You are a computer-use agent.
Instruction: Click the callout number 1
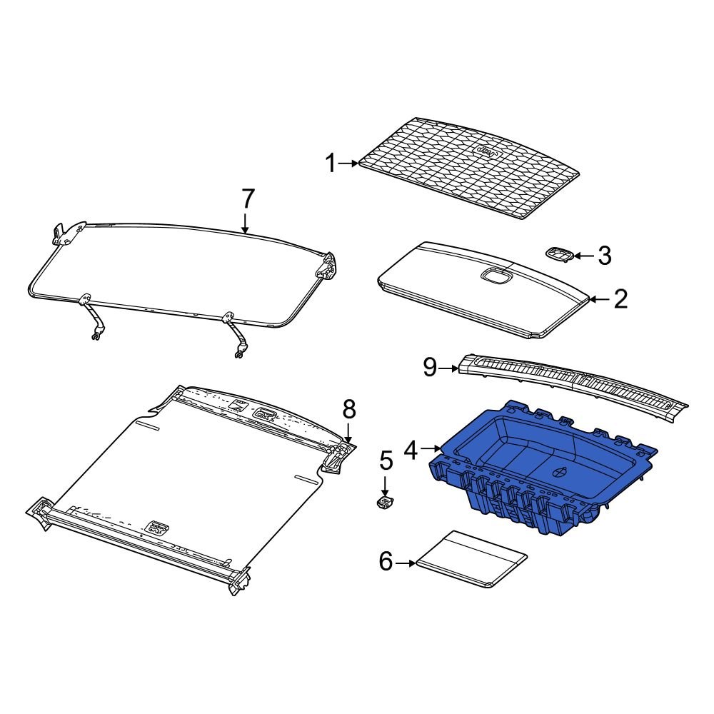[330, 164]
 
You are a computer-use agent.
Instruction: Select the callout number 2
[620, 299]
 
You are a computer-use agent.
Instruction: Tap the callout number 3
[604, 256]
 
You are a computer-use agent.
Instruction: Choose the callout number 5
[386, 461]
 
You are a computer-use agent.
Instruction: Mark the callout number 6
[386, 563]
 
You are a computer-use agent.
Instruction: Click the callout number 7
[247, 198]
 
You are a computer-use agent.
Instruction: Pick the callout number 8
[348, 409]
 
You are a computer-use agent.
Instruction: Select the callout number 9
[429, 368]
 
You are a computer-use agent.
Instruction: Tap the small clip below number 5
[385, 503]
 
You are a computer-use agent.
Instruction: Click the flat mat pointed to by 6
[471, 558]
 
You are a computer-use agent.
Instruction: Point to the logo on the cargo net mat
[487, 153]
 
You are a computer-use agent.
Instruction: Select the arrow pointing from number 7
[246, 223]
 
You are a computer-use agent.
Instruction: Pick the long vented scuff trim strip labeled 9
[571, 382]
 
